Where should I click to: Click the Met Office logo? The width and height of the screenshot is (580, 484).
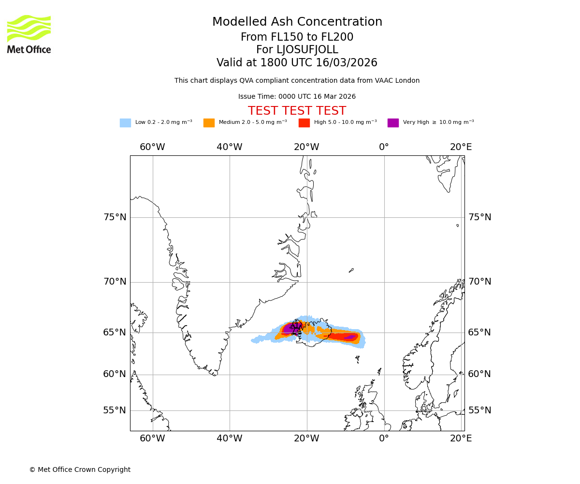click(x=29, y=34)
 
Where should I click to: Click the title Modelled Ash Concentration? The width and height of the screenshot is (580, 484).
click(x=297, y=22)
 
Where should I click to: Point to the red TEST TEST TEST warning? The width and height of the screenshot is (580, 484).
click(x=297, y=111)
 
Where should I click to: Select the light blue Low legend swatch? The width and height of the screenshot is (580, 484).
click(x=125, y=123)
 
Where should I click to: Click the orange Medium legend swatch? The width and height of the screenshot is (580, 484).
click(x=209, y=123)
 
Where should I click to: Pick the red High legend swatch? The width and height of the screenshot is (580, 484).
click(x=304, y=123)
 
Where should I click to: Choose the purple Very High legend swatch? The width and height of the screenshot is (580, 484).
click(x=393, y=123)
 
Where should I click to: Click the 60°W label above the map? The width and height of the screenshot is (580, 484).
click(x=152, y=147)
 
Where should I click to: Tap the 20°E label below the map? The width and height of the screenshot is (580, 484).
click(x=461, y=439)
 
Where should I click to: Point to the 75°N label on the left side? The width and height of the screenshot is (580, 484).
click(x=115, y=217)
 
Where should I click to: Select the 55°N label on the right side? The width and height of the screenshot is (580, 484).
click(x=479, y=410)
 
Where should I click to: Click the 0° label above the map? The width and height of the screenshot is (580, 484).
click(x=384, y=147)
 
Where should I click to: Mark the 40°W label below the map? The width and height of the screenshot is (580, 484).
click(x=229, y=439)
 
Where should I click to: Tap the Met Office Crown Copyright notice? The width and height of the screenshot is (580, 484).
click(x=80, y=470)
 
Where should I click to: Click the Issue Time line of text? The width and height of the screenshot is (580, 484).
click(x=297, y=97)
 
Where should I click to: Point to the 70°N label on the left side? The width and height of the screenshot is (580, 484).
click(x=115, y=282)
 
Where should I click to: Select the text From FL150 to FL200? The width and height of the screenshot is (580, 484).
click(x=297, y=37)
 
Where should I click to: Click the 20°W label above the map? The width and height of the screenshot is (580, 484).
click(x=306, y=147)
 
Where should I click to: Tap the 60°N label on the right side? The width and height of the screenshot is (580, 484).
click(x=479, y=374)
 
